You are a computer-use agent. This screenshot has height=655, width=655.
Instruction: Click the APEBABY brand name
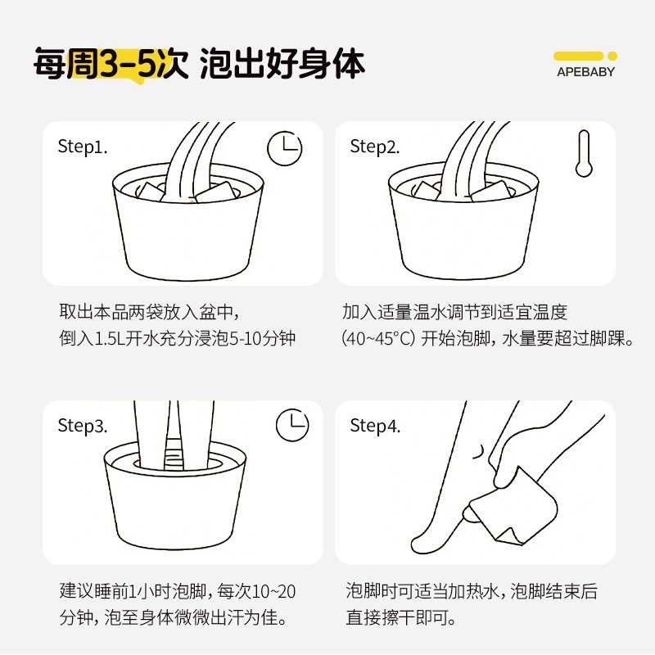(585, 71)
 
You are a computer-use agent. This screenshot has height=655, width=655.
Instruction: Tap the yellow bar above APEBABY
(578, 56)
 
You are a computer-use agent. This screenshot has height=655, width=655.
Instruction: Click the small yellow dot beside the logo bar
(612, 56)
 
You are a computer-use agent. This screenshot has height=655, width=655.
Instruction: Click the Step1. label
(83, 147)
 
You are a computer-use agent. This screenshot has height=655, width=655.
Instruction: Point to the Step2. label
(375, 147)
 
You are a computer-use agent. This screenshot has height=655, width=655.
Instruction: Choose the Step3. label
(83, 426)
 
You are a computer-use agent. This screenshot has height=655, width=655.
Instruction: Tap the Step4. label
(375, 426)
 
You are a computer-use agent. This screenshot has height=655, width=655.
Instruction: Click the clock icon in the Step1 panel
(285, 148)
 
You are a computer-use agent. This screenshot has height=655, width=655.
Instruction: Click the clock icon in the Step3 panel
(292, 424)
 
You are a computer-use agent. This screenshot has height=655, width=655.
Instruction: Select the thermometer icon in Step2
(583, 153)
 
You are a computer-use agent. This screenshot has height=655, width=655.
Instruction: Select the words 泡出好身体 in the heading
(282, 64)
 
